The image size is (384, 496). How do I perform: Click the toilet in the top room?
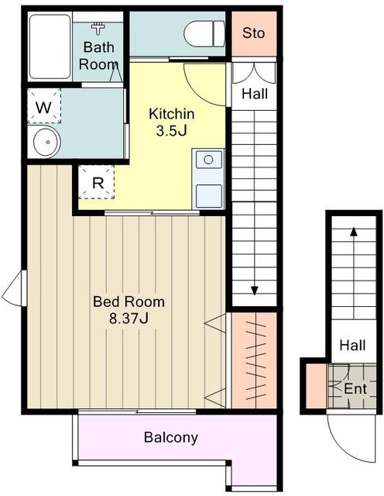click(204, 34)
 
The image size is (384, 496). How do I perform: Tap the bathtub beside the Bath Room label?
click(50, 46)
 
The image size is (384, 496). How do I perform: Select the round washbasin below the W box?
click(47, 143)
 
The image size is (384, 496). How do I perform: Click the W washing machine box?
click(44, 106)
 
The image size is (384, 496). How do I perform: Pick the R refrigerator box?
click(97, 182)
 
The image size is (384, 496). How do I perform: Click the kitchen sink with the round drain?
click(208, 160)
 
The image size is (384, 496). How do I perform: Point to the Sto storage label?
click(253, 33)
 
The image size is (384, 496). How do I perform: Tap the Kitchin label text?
click(171, 114)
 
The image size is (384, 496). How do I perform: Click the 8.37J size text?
click(129, 319)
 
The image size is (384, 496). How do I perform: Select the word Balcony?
click(171, 437)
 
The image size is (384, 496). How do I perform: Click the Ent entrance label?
click(355, 389)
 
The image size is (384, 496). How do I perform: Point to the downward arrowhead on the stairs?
click(255, 291)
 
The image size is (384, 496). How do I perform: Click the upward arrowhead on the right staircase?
click(354, 232)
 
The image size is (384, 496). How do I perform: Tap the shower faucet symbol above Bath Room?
click(98, 29)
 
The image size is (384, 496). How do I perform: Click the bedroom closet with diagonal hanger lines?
click(255, 360)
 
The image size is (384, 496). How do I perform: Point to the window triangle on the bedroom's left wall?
click(14, 288)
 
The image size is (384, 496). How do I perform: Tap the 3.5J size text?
click(171, 130)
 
